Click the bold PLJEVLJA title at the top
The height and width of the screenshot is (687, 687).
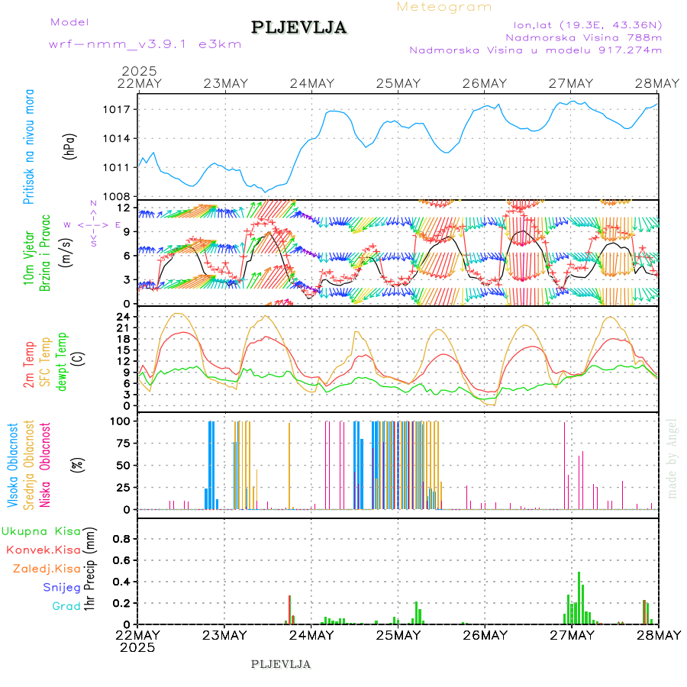pos(299,27)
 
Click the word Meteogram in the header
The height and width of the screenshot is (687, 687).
pos(444,7)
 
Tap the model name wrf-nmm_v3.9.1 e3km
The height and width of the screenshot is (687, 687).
pos(145,44)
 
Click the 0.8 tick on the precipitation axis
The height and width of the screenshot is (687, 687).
pos(121,538)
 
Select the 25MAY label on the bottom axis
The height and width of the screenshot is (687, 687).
pos(398,635)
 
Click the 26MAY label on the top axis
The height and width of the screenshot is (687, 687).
pos(485,83)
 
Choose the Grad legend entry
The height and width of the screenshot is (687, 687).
pos(66,606)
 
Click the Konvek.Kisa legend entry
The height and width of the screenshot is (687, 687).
pos(43,550)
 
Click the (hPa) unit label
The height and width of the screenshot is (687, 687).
pos(69,146)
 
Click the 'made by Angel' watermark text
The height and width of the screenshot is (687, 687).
pos(672,458)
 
